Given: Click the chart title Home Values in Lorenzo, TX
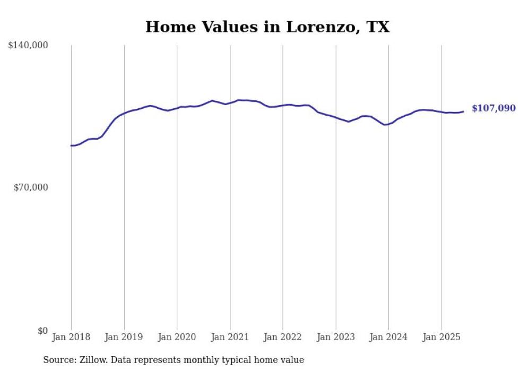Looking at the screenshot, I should click(267, 27).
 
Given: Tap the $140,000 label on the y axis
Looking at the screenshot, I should click(28, 46).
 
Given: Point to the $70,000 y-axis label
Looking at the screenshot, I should click(30, 187).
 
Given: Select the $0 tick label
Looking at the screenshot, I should click(42, 331).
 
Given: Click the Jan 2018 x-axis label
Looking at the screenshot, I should click(71, 337).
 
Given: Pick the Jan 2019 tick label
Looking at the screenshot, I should click(124, 337).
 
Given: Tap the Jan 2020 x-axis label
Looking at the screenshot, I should click(177, 337).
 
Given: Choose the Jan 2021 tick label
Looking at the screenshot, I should click(230, 337).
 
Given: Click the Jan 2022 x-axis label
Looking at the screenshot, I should click(283, 337).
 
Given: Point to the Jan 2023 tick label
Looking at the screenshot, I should click(336, 337).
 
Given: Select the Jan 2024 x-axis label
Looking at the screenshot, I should click(388, 337).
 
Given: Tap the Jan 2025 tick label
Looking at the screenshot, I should click(441, 337).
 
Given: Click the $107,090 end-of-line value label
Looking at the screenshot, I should click(493, 108).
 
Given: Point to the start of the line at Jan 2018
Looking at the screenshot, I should click(71, 145).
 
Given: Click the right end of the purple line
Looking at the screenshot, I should click(463, 111).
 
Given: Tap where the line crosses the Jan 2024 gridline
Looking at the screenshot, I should click(388, 124).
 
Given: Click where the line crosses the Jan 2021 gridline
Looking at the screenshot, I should click(230, 102).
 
